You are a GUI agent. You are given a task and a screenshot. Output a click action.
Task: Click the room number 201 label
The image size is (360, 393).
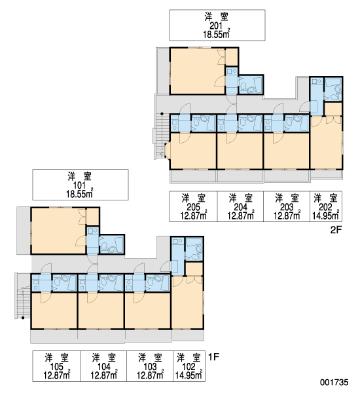tap(216, 26)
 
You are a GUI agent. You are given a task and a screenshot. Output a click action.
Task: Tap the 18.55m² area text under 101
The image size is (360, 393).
tap(80, 194)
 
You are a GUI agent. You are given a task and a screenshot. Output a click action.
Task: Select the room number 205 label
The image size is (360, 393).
tap(193, 207)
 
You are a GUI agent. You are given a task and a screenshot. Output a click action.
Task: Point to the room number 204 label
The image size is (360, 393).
tap(240, 207)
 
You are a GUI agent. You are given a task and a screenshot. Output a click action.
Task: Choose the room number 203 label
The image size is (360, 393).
tap(287, 207)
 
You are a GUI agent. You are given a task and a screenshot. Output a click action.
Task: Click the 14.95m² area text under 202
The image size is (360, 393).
tap(326, 215)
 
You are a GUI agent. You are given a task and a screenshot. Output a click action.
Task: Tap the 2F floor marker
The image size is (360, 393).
tap(336, 230)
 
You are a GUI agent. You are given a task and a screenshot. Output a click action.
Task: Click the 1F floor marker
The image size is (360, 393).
tap(213, 357)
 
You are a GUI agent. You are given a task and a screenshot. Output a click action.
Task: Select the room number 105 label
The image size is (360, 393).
tap(56, 367)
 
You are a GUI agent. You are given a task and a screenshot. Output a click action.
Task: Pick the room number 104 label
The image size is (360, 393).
tap(103, 367)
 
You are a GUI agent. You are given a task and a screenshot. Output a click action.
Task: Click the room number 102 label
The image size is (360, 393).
tap(189, 367)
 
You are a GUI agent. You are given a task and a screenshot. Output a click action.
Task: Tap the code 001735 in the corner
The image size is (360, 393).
tap(334, 383)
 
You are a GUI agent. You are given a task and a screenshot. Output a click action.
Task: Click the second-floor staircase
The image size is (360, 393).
tap(160, 136)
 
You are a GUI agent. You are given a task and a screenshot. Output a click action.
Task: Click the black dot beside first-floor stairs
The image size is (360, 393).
tap(23, 318)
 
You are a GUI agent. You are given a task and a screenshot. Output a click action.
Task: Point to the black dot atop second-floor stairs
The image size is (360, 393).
tap(162, 114)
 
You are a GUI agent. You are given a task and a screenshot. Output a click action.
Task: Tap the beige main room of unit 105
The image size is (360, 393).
tap(54, 310)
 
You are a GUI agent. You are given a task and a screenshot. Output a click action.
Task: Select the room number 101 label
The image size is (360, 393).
tap(79, 185)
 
